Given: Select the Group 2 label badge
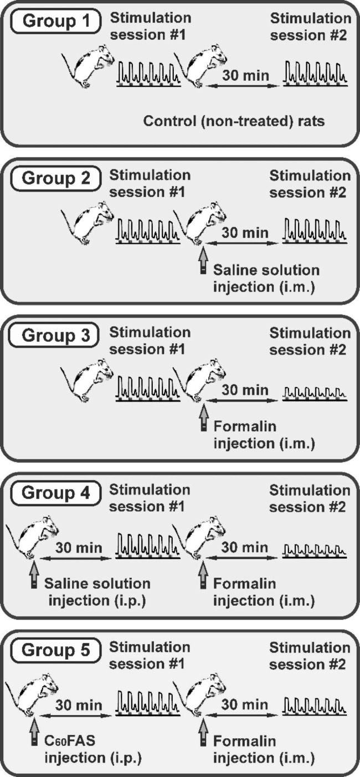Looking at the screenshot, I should click(x=54, y=179).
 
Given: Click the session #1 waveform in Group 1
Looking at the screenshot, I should click(x=147, y=73).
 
